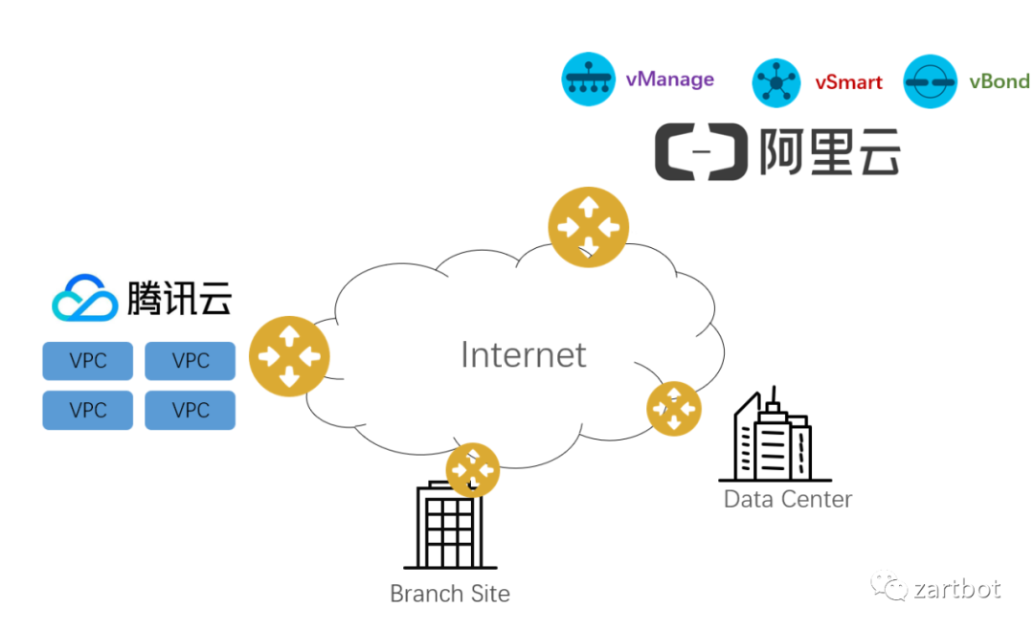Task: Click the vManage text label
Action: pos(669,79)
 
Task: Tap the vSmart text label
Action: pos(848,82)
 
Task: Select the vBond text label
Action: pos(999,81)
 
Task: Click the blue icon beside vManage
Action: pos(587,79)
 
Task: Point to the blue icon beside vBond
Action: pos(930,82)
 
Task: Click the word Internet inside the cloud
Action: pos(523,354)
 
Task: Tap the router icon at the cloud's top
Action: pos(588,227)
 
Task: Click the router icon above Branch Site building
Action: pos(473,469)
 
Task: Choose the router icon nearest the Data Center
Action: pos(674,409)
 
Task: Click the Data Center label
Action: pos(787,499)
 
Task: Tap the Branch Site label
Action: pos(450,594)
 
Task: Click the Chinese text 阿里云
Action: pos(829,151)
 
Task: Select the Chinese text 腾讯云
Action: pos(179,298)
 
